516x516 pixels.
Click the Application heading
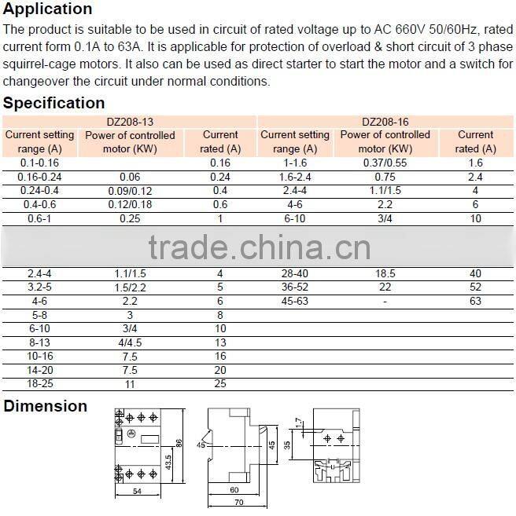[48, 9]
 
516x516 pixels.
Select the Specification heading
[54, 103]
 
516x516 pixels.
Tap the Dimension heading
[46, 406]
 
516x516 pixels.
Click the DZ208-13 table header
[130, 122]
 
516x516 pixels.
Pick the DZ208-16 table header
[385, 122]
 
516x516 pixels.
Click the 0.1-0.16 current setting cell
[34, 163]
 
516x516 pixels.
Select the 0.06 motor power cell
[130, 177]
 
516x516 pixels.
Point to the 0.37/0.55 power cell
[385, 163]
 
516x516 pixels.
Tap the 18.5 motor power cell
[385, 273]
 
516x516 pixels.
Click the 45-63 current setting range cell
[295, 302]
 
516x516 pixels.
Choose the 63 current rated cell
[475, 302]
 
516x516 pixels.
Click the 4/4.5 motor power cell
[130, 343]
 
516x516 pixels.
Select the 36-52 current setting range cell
[295, 287]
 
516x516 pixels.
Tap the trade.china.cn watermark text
[259, 249]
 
